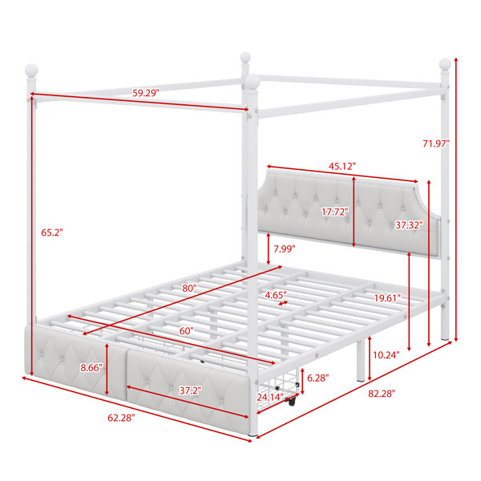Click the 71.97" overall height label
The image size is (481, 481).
point(435,143)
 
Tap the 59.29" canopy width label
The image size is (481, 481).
point(146,93)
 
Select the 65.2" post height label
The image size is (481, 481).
point(52,232)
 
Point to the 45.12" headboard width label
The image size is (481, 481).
point(342,166)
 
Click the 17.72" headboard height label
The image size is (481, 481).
point(335,212)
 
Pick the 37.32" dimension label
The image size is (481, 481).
point(409,225)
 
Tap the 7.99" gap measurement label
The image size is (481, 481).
point(285,249)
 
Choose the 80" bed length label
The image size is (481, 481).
point(189,288)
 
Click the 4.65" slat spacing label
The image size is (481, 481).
point(276,295)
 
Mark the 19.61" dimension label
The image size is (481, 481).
point(387,297)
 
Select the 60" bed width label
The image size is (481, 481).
point(187,330)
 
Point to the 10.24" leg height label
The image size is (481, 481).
point(386,355)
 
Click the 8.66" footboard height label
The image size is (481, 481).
point(91,367)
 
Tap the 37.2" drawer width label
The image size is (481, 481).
point(190,390)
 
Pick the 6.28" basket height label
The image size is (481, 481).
point(318,378)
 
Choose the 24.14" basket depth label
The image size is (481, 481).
point(270,398)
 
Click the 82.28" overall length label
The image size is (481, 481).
point(382,394)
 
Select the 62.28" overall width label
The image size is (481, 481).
point(121,418)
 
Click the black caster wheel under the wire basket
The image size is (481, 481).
point(292,401)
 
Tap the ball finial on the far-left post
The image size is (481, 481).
point(31,71)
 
